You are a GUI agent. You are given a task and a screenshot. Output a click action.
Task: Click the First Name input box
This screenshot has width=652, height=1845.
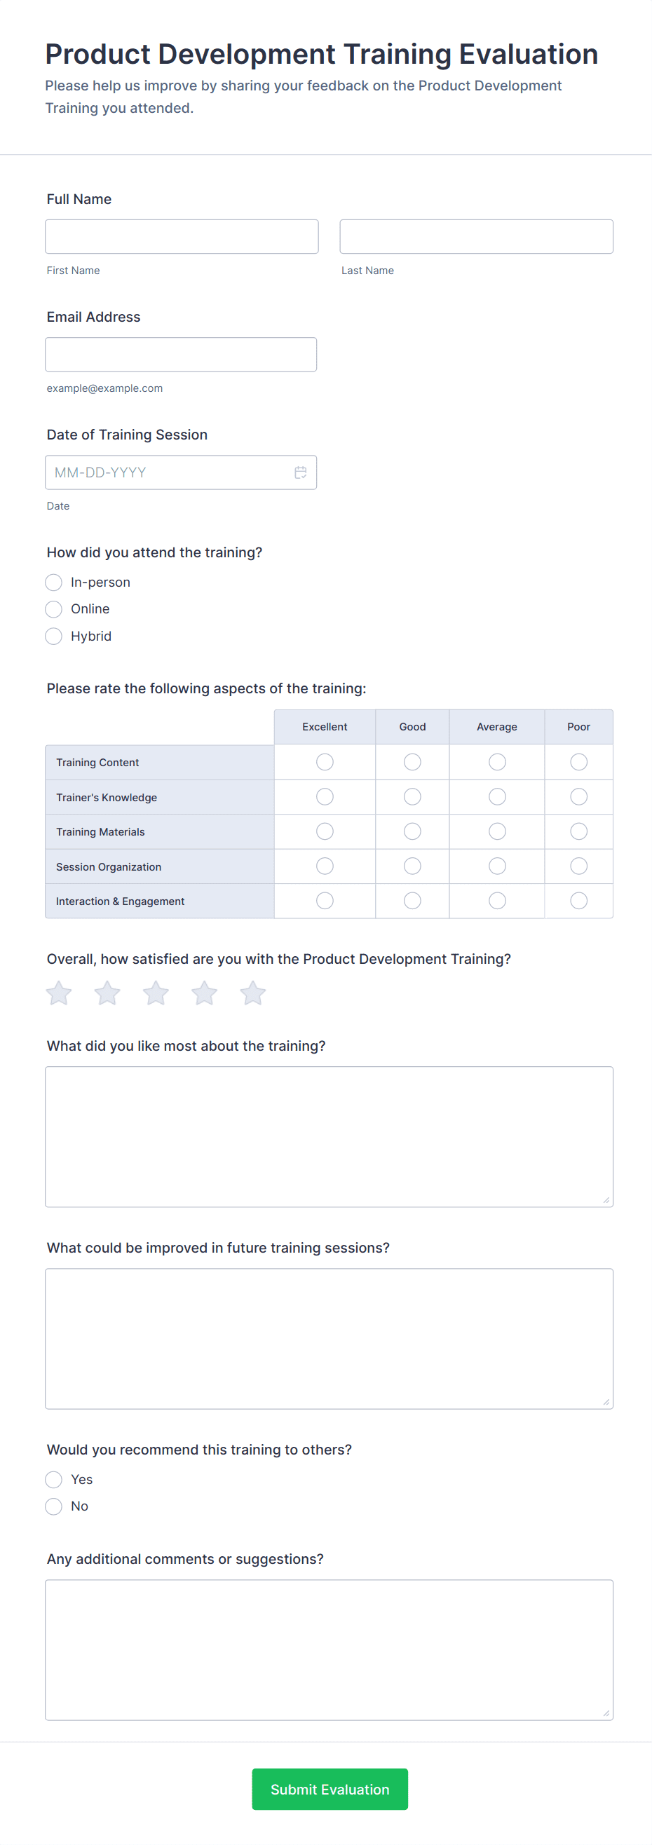[x=182, y=236]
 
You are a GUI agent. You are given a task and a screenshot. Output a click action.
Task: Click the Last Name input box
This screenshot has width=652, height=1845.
[x=476, y=236]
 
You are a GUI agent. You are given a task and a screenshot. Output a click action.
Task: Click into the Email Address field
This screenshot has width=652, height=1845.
[x=181, y=355]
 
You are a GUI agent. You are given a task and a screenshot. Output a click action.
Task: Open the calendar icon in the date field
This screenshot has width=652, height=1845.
[x=301, y=472]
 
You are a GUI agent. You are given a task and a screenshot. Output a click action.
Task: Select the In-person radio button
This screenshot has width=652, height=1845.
[x=54, y=583]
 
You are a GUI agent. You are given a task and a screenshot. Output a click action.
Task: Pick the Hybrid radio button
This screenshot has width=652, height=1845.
[x=54, y=636]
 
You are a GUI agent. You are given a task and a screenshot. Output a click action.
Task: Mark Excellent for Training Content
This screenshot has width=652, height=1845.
[x=325, y=762]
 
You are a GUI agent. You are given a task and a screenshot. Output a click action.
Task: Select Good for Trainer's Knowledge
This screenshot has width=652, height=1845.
[x=412, y=796]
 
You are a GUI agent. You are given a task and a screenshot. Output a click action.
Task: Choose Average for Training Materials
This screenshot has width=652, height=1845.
[x=496, y=831]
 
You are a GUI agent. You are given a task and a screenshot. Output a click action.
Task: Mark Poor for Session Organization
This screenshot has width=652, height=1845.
[x=578, y=866]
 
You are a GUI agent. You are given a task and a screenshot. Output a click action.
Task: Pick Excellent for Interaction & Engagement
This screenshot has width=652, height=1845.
[x=325, y=900]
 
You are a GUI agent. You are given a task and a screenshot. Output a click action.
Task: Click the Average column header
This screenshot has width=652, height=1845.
[x=496, y=727]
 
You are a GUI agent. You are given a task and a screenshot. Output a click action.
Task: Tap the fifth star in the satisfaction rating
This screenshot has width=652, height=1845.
[x=252, y=993]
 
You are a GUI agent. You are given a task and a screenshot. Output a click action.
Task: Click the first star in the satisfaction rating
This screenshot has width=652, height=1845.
[x=59, y=993]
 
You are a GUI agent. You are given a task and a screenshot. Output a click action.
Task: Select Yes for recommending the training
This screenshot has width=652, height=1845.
[x=54, y=1480]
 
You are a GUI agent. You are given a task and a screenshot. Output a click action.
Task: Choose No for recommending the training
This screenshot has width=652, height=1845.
[x=54, y=1506]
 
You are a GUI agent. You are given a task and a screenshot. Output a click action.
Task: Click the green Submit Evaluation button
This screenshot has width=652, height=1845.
[x=330, y=1789]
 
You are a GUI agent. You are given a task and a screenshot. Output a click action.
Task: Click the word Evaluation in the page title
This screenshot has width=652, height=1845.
[x=528, y=55]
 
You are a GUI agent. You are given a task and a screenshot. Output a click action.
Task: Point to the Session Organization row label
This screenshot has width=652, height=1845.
[x=109, y=866]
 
